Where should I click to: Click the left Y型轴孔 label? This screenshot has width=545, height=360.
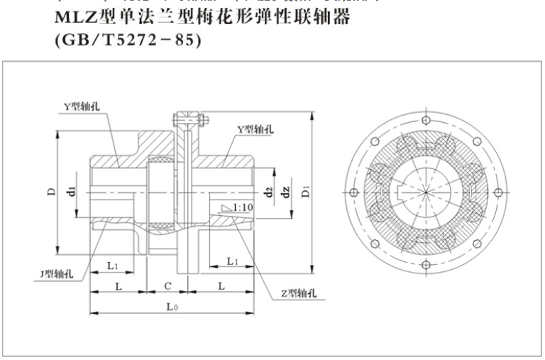click(80, 107)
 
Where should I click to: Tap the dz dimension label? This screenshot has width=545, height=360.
click(285, 191)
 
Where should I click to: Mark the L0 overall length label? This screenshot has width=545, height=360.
click(172, 307)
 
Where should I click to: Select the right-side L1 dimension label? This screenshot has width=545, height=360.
click(231, 262)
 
